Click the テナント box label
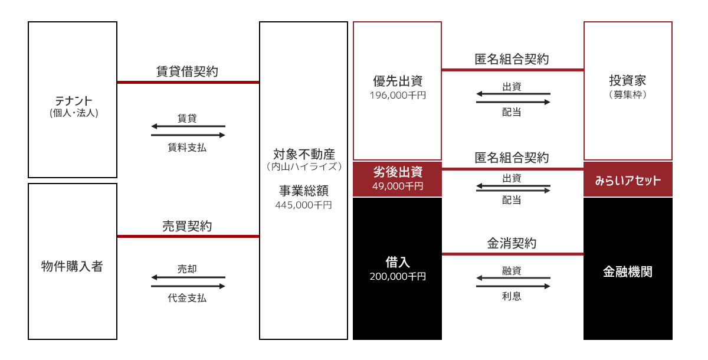coord(74,101)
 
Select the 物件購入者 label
coord(72,266)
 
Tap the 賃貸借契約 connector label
coord(187,71)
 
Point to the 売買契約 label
coord(187,226)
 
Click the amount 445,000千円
coord(303,205)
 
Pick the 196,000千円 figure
coord(398,95)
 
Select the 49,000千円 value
coord(398,186)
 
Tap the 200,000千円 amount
coord(398,277)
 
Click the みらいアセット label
coord(628,181)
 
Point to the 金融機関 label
coord(628,271)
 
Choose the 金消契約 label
coord(512,243)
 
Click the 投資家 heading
coord(628,81)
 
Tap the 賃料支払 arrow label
coord(187,148)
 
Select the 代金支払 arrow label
coord(187,298)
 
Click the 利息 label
coord(512,296)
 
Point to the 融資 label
coord(512,270)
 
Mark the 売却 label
coord(187,269)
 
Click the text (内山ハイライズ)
coord(304,166)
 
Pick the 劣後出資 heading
coord(398,172)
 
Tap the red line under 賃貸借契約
coord(188,83)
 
